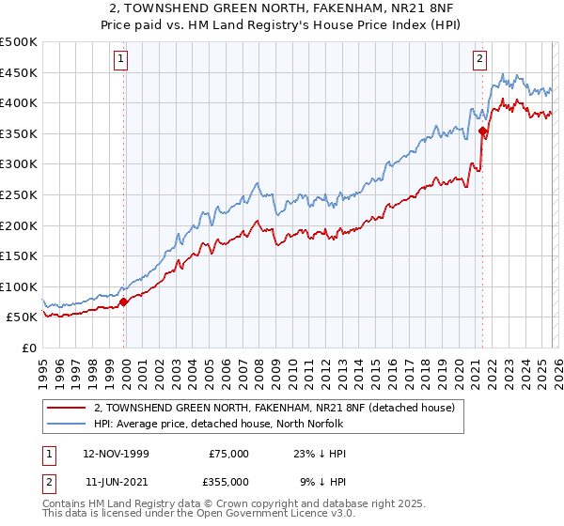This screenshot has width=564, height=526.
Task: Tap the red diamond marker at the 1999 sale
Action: click(124, 302)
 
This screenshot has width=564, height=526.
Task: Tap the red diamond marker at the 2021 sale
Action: click(482, 131)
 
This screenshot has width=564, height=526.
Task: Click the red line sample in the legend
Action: click(66, 408)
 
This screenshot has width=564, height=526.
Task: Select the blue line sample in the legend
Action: click(66, 424)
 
